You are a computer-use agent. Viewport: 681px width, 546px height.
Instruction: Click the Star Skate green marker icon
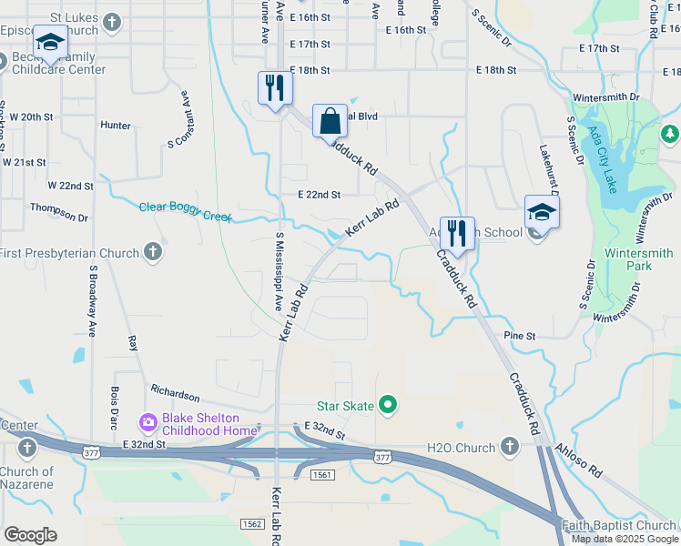click(389, 405)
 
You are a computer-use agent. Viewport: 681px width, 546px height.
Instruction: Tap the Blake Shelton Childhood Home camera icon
click(147, 422)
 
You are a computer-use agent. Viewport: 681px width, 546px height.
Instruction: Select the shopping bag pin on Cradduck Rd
click(329, 122)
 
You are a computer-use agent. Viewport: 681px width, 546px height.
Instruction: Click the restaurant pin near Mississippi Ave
click(274, 89)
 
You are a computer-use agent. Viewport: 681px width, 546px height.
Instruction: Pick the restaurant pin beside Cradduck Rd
click(456, 235)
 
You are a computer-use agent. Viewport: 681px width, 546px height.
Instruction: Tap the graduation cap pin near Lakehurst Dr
click(542, 214)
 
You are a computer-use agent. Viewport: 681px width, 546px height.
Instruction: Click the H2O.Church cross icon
click(509, 447)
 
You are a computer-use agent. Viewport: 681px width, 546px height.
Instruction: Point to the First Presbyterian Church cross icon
click(152, 252)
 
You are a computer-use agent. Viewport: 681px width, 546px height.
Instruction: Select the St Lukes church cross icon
click(111, 22)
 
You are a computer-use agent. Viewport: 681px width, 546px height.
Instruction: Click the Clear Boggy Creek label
click(185, 213)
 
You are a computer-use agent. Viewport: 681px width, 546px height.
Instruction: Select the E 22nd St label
click(319, 195)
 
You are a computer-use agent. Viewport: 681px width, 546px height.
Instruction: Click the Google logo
click(31, 535)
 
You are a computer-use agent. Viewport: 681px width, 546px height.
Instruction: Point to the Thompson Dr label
click(59, 217)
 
